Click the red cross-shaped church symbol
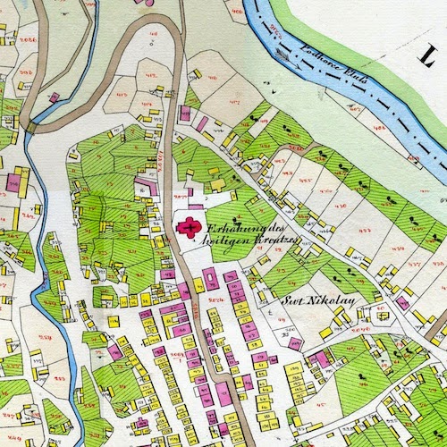[189, 227]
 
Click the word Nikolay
[339, 302]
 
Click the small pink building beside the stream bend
[55, 97]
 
